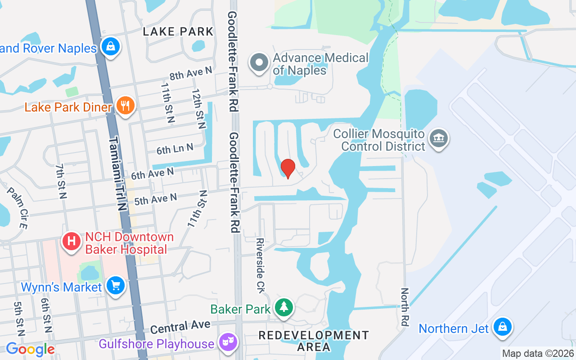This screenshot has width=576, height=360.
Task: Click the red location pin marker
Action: coord(288,168)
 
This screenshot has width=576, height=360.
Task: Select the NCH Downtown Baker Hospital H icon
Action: coord(71,241)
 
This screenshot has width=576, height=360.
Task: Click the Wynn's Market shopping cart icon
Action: coord(116,285)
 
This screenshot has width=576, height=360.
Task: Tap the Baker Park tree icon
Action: coord(284,308)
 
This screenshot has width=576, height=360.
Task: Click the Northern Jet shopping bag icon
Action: coord(502,327)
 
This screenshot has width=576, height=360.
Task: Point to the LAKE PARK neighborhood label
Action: coord(178,31)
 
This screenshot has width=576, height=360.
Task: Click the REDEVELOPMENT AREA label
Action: coord(314,341)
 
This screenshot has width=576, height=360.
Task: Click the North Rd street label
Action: coord(405,307)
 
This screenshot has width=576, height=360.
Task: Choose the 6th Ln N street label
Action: coord(175,148)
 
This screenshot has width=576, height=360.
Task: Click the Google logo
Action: coord(30,349)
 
